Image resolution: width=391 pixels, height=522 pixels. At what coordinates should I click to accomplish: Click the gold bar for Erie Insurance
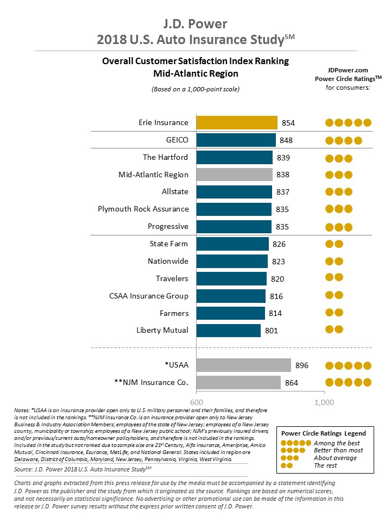[237, 122]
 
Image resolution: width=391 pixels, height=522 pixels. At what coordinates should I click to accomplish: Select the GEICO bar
[236, 140]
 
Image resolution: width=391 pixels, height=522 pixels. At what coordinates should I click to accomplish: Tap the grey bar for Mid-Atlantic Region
[234, 175]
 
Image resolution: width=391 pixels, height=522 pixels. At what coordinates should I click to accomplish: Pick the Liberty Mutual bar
[228, 330]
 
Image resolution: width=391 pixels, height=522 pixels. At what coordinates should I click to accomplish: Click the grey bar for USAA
[243, 365]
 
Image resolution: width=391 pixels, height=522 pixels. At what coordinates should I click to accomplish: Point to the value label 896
[301, 365]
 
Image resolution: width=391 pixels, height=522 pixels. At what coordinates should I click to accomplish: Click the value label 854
[288, 123]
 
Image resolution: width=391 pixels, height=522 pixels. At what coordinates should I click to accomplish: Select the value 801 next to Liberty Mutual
[272, 331]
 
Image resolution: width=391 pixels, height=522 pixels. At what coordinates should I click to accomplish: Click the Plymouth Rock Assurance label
[143, 209]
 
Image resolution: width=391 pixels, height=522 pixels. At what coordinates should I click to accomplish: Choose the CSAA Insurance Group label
[149, 296]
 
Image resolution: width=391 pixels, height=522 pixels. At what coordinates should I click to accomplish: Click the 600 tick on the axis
[196, 401]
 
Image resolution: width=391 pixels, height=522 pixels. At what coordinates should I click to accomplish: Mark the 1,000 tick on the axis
[324, 401]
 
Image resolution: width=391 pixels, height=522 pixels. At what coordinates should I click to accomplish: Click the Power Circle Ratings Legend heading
[323, 433]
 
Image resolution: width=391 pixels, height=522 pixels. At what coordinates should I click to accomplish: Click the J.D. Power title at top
[195, 24]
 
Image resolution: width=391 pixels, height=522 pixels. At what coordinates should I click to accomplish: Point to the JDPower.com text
[348, 70]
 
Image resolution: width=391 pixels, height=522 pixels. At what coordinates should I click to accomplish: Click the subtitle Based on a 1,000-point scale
[195, 89]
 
